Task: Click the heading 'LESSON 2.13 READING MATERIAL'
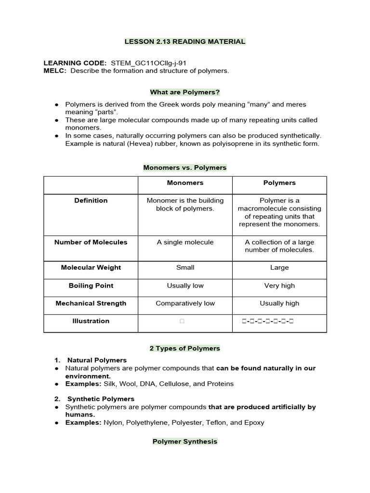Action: point(185,41)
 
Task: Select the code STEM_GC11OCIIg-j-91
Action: point(148,63)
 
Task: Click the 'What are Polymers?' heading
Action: point(185,92)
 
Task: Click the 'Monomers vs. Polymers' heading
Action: point(185,168)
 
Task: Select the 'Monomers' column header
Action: point(185,183)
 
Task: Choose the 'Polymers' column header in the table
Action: point(279,183)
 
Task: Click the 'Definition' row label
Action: point(91,200)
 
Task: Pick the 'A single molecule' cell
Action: point(185,242)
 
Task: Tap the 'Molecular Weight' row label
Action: point(91,268)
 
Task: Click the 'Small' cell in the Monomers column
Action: point(185,268)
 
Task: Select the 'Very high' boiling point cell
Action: point(279,285)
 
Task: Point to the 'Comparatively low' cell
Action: point(185,303)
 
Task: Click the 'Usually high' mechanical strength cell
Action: point(279,303)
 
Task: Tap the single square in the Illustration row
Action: point(182,321)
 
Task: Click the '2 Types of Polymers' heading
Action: point(185,348)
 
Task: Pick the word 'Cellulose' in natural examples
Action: point(173,384)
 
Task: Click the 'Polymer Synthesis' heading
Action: point(185,441)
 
